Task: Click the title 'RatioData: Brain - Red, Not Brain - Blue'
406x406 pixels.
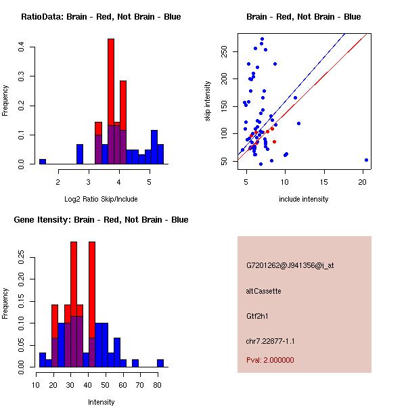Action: pos(101,16)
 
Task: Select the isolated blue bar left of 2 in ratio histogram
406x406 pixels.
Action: pos(43,162)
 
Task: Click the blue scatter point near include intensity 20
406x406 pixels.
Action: pos(366,160)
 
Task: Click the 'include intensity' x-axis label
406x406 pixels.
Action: pos(304,199)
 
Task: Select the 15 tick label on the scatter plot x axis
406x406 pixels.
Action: pos(323,181)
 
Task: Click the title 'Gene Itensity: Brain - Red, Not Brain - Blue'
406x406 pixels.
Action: pos(101,220)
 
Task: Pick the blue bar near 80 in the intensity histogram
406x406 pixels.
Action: pos(160,363)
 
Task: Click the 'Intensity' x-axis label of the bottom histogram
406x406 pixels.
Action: pos(101,402)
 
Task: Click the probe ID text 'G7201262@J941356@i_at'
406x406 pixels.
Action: pos(290,265)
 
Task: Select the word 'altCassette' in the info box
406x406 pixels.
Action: pos(263,291)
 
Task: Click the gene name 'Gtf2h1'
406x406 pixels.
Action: pos(258,316)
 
